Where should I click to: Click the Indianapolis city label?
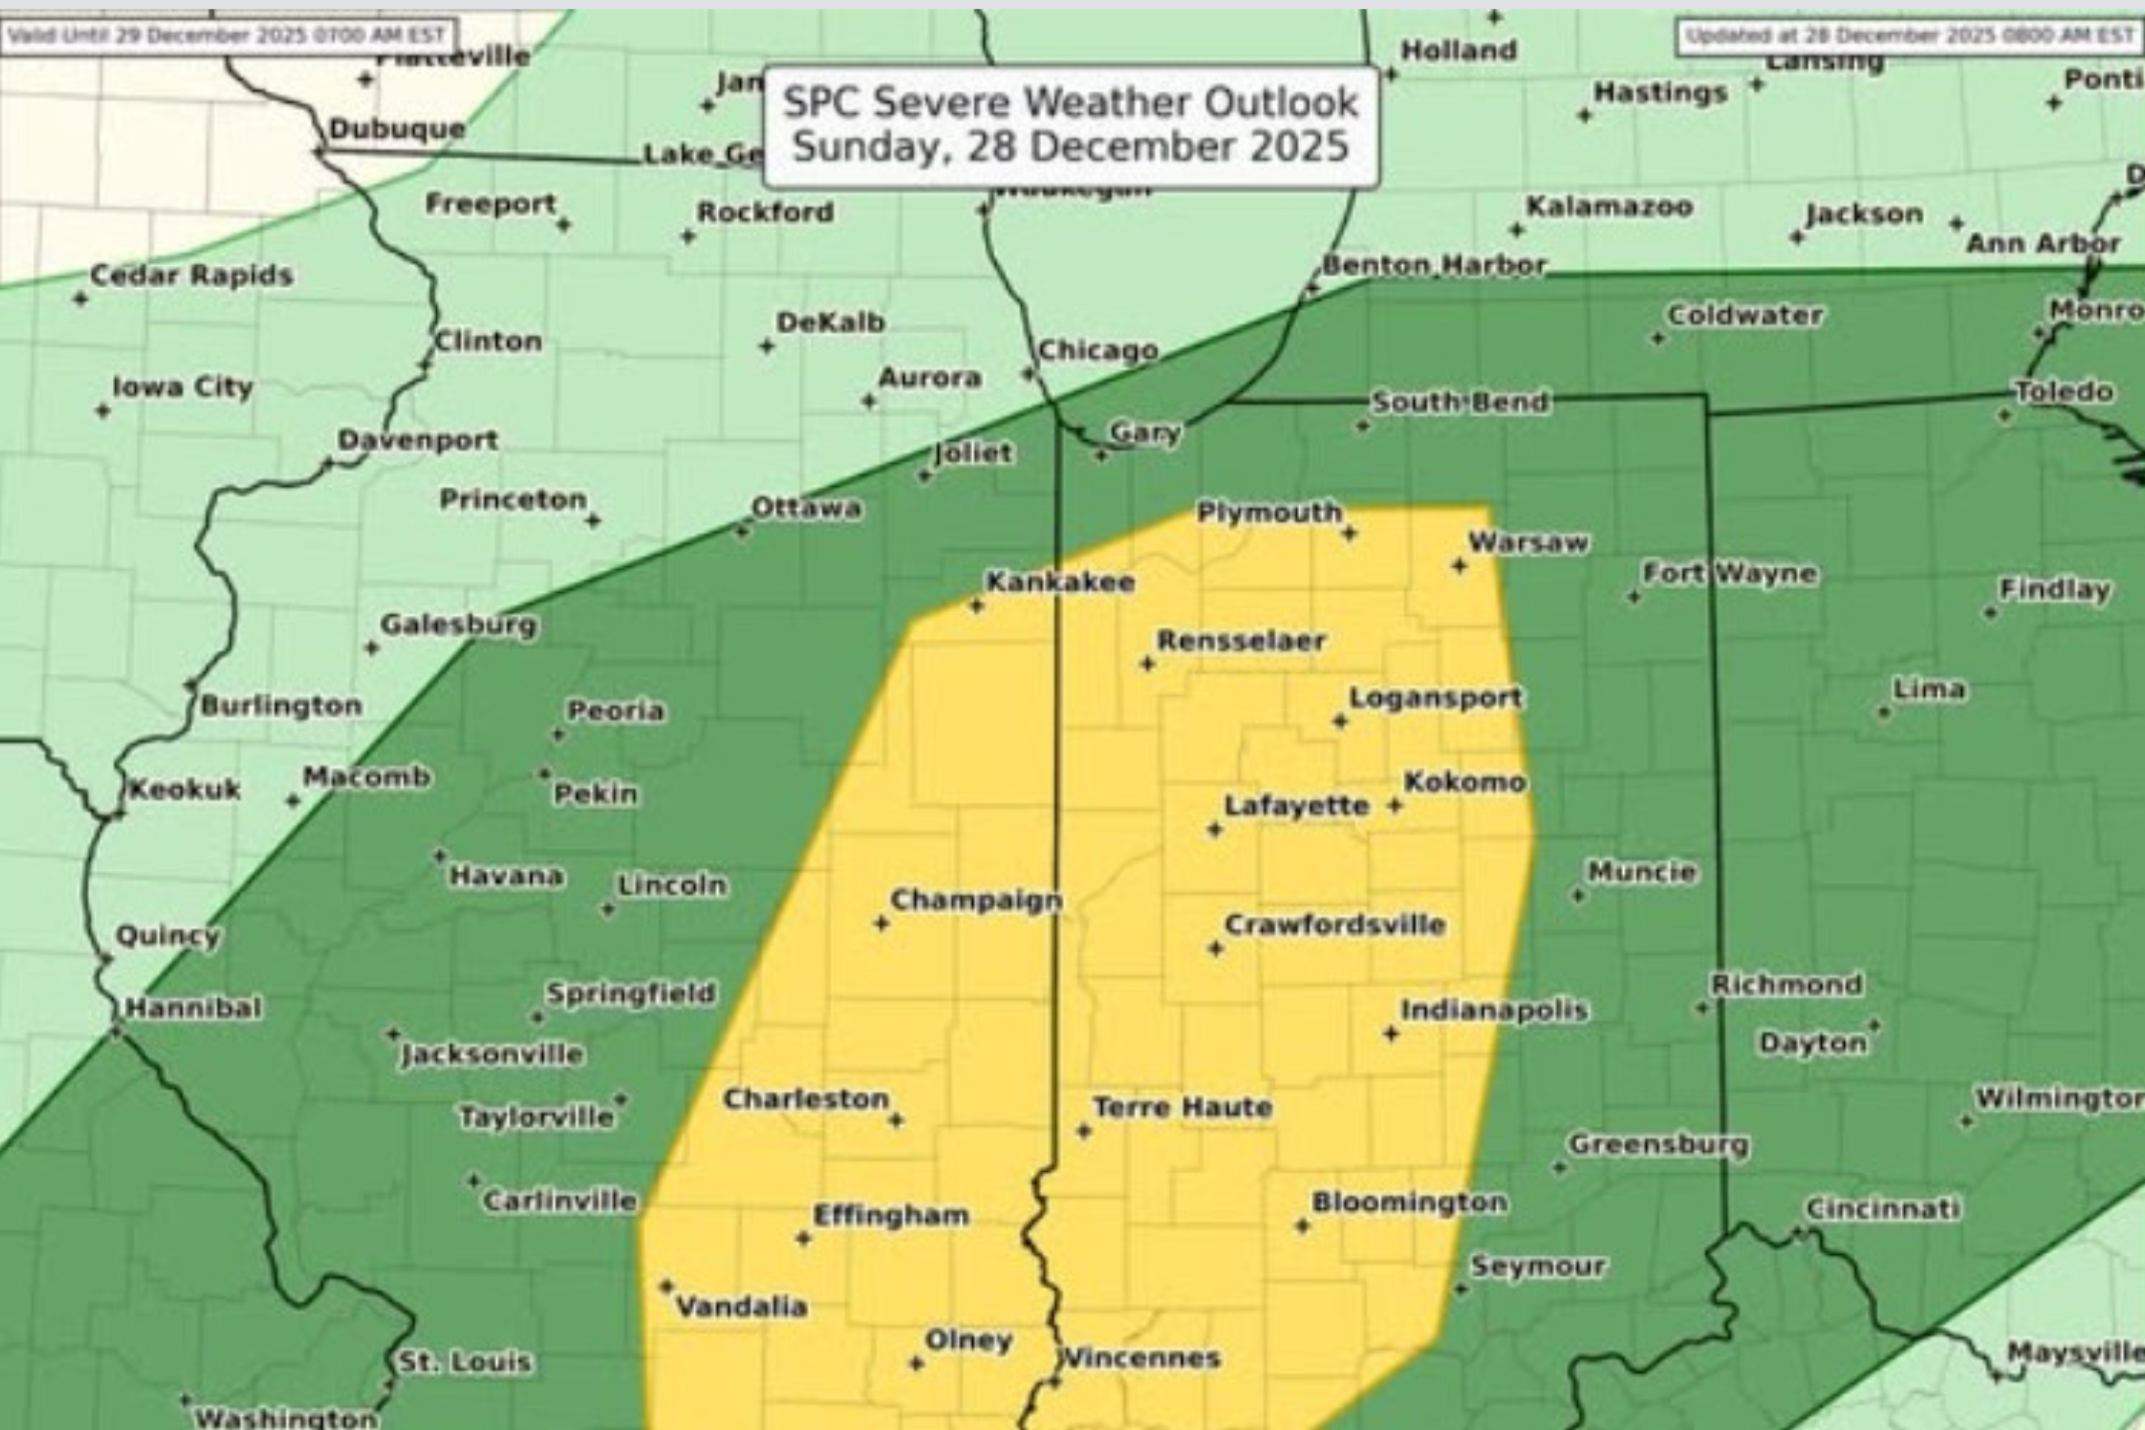[x=1494, y=1010]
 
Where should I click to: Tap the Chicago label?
[x=1098, y=350]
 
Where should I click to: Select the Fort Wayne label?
[x=1729, y=573]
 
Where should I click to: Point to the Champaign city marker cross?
[x=881, y=924]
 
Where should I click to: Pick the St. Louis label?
[x=465, y=1361]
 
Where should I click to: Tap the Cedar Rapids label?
[x=192, y=275]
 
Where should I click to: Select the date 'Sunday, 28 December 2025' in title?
[x=1070, y=147]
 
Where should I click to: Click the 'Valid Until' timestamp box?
[x=228, y=36]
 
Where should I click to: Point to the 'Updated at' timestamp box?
[x=1910, y=36]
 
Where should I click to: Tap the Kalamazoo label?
[x=1609, y=207]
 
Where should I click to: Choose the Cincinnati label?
[x=1883, y=1208]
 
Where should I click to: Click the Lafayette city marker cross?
[x=1215, y=829]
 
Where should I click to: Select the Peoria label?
[x=616, y=711]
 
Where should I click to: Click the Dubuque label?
[x=397, y=129]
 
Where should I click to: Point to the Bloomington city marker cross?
[x=1302, y=1226]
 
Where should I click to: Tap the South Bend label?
[x=1461, y=402]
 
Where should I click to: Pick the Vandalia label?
[x=741, y=1307]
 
